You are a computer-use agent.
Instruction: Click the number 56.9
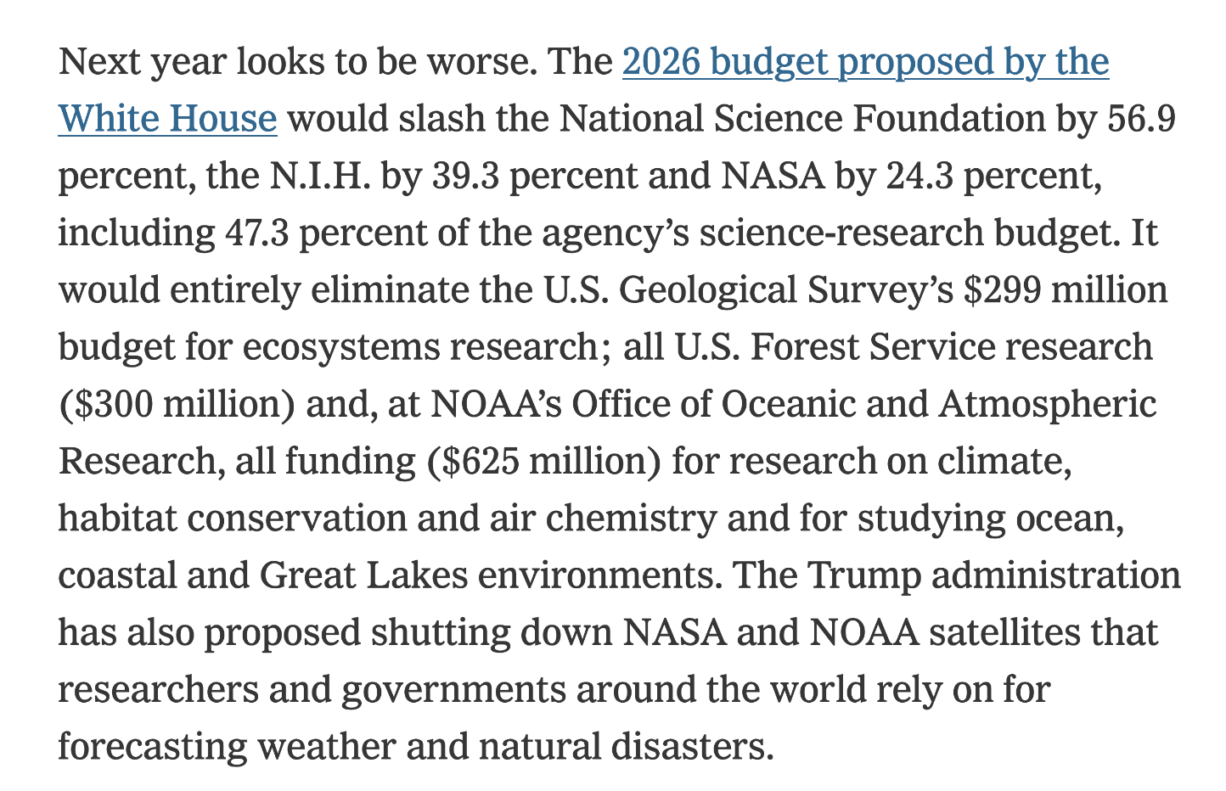pos(1142,119)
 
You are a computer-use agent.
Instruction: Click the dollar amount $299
pos(1002,290)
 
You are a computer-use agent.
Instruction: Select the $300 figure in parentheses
pos(112,404)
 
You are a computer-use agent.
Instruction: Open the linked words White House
pos(167,119)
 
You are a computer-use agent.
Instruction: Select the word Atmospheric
pos(1047,404)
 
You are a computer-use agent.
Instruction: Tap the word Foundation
pos(949,119)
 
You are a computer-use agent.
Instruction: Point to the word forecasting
pos(152,748)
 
